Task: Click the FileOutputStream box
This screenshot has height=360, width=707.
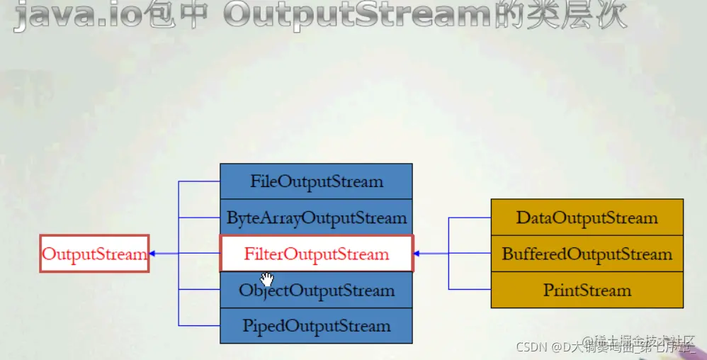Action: click(316, 181)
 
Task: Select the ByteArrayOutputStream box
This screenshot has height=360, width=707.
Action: click(316, 218)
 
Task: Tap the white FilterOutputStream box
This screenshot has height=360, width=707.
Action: click(316, 253)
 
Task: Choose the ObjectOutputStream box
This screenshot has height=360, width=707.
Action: click(316, 291)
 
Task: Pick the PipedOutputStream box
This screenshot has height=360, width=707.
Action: click(316, 326)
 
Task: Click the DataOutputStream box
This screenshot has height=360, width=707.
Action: click(587, 218)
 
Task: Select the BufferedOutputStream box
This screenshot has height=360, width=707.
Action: click(587, 254)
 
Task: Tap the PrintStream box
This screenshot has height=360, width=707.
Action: click(587, 290)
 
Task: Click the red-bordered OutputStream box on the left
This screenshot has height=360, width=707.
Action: click(94, 254)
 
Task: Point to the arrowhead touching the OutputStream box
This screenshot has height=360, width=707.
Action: click(152, 254)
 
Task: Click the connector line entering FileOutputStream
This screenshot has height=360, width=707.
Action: click(199, 181)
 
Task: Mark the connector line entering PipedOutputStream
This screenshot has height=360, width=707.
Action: click(199, 326)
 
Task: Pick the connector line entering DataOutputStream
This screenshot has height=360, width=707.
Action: click(470, 218)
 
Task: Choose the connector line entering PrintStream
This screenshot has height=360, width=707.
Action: click(470, 289)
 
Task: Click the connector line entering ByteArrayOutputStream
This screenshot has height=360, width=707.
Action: click(199, 218)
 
